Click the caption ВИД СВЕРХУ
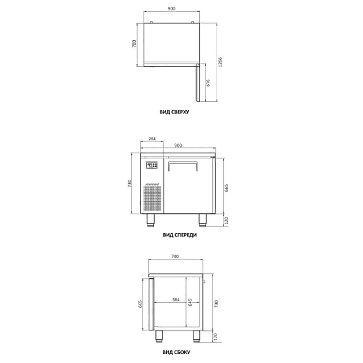pos(174,112)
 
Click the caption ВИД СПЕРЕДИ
pos(180,235)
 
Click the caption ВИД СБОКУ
pos(176,352)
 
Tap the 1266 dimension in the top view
pos(220,62)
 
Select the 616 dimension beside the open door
pos(208,83)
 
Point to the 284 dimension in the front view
pos(152,138)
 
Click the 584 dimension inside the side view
pos(176,299)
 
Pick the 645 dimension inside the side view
pos(190,302)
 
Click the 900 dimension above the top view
pos(172,9)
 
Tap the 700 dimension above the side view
pos(175,256)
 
